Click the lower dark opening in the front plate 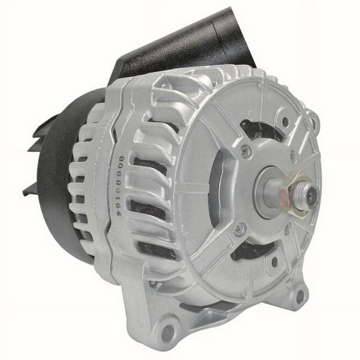[x=250, y=250]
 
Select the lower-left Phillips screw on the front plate [x=237, y=232]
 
